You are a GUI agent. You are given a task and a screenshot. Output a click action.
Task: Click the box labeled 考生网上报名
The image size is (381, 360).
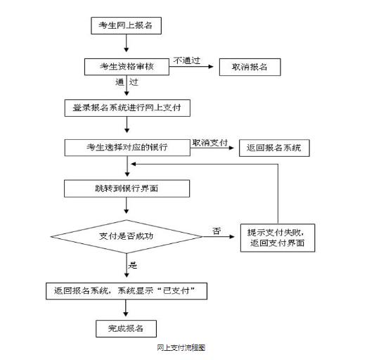126,25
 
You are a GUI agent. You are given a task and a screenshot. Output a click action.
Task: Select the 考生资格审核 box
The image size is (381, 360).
127,67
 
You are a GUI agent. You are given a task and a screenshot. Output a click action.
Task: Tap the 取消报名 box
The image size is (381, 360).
250,67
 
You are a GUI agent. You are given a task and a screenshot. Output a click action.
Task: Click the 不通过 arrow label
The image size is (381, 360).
186,60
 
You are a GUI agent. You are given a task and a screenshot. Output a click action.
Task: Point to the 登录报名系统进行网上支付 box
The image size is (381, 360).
127,108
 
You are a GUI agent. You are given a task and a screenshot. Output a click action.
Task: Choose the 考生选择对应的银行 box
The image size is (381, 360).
127,148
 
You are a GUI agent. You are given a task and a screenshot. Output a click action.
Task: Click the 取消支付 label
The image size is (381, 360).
209,143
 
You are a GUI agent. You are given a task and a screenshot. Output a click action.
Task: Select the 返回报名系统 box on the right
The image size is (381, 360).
274,148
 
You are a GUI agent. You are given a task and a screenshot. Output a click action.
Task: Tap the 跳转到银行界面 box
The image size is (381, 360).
127,188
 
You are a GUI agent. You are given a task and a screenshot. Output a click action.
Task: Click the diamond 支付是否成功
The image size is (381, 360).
127,236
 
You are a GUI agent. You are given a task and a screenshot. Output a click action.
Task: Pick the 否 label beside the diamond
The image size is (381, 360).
217,231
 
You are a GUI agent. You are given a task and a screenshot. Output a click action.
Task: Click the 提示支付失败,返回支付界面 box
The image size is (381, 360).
278,238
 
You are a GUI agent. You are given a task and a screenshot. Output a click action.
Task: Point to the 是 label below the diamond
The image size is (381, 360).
133,265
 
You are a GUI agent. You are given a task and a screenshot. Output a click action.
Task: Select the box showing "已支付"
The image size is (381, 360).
127,291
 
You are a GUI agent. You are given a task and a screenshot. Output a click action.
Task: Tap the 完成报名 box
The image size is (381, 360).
126,328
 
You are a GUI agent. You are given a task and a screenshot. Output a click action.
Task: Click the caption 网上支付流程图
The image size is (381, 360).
181,348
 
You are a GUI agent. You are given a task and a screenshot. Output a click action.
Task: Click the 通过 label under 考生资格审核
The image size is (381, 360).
127,82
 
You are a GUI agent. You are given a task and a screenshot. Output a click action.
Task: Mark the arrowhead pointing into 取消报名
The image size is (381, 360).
211,67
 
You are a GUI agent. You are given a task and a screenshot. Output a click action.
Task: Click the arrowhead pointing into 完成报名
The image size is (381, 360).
126,314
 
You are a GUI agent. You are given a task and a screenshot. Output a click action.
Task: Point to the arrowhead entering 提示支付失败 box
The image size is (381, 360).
232,236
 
